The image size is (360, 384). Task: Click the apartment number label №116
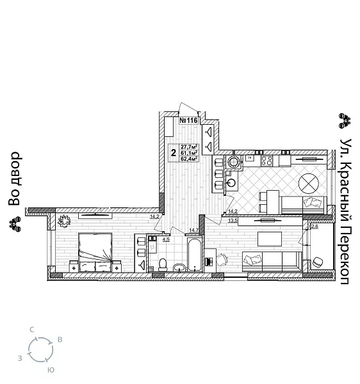click(x=189, y=120)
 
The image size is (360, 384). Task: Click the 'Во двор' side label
click(x=15, y=179)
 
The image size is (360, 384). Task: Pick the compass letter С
click(x=31, y=329)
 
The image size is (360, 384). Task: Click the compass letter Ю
click(x=50, y=370)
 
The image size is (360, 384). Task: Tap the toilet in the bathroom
click(x=163, y=263)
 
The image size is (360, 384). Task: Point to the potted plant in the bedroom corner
click(x=64, y=221)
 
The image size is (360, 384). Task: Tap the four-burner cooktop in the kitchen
click(x=266, y=161)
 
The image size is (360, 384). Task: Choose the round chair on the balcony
click(x=316, y=262)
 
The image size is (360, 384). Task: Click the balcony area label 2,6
click(x=314, y=226)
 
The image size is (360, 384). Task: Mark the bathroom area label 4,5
click(x=166, y=239)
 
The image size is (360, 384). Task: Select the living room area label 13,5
click(x=233, y=221)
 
